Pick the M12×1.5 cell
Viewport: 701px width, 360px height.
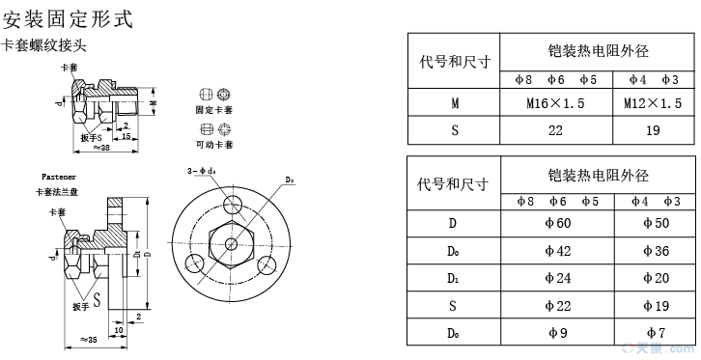[x=653, y=102]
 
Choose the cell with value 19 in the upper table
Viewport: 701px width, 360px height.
[x=653, y=130]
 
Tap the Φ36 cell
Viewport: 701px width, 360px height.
[x=653, y=251]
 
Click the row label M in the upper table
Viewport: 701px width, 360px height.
[x=454, y=102]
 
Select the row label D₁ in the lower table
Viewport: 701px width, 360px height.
[x=454, y=278]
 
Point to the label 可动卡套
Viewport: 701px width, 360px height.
[x=213, y=145]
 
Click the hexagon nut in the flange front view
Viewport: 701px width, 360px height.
[x=231, y=237]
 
